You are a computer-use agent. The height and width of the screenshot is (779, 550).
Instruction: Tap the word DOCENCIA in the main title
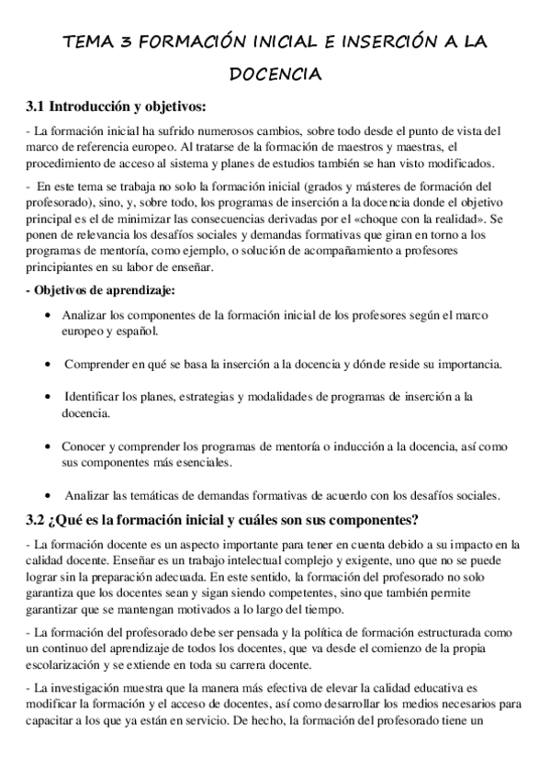(x=275, y=73)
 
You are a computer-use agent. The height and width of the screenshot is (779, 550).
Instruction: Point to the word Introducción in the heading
(x=87, y=104)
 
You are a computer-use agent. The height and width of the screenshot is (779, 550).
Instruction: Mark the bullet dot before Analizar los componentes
(x=47, y=315)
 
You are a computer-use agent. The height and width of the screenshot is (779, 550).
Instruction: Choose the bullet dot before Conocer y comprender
(x=47, y=446)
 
